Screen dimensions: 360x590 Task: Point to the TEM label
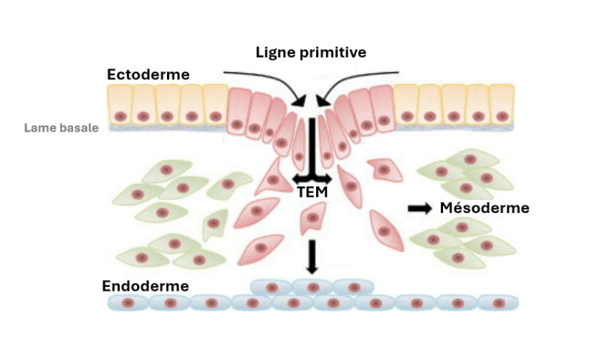[311, 192]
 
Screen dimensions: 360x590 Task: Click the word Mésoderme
[484, 208]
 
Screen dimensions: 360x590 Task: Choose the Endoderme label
[145, 286]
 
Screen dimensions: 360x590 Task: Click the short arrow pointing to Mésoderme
[419, 208]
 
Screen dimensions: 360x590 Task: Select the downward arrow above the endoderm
[311, 256]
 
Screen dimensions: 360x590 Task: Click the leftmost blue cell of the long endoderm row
[127, 303]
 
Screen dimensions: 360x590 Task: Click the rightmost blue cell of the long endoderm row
[498, 303]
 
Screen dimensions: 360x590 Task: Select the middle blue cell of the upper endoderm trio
[312, 287]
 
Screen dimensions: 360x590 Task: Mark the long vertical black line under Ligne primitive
[311, 146]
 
